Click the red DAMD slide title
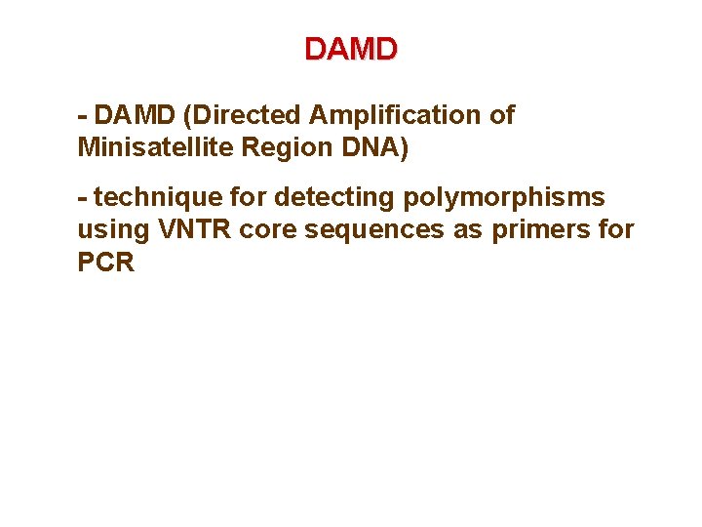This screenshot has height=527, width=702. (351, 48)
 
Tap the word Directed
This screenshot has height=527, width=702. (243, 116)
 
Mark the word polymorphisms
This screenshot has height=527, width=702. (498, 198)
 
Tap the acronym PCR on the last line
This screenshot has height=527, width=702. (105, 264)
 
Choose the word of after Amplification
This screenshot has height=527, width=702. (501, 116)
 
